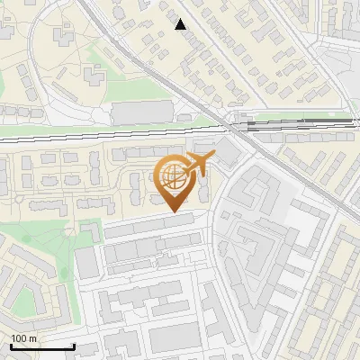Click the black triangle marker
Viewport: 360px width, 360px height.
coord(181,24)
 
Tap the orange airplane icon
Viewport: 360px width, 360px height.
coord(199,165)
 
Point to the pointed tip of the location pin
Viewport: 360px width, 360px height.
coord(172,211)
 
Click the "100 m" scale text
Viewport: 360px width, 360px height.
coord(23,338)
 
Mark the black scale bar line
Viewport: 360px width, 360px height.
coord(41,346)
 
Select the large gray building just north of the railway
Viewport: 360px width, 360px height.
coord(141,113)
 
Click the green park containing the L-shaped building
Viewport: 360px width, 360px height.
coord(45,238)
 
